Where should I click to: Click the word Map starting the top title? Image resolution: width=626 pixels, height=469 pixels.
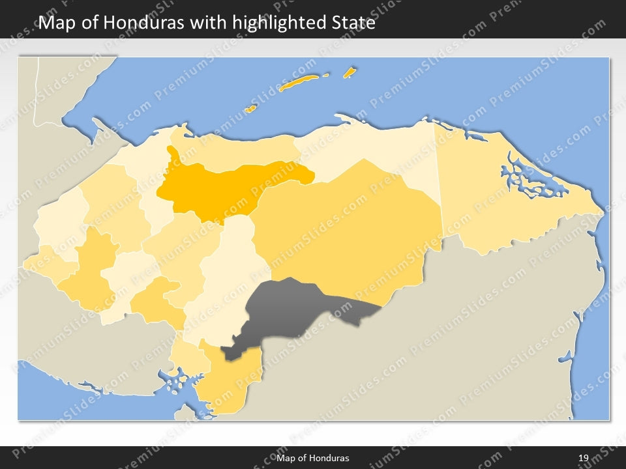pos(55,23)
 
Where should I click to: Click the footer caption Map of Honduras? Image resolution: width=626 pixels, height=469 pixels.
pos(317,458)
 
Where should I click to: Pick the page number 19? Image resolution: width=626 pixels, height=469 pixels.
pos(584,458)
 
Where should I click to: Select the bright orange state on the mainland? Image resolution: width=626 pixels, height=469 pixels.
pos(222,186)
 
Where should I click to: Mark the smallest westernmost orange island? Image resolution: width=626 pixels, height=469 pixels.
pos(250,109)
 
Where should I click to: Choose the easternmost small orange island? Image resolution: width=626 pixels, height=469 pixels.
pos(350,72)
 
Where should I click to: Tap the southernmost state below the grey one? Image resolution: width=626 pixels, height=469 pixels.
pos(228,384)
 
